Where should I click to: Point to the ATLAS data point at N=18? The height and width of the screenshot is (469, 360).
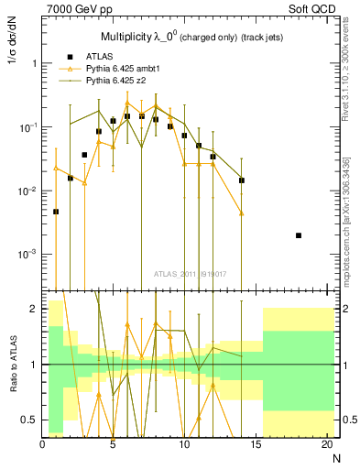pyautogui.click(x=299, y=235)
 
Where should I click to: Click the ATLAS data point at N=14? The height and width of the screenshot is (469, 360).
pyautogui.click(x=242, y=180)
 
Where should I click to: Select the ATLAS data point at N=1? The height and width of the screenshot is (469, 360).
pyautogui.click(x=56, y=212)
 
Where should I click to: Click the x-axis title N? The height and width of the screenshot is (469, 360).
pyautogui.click(x=335, y=458)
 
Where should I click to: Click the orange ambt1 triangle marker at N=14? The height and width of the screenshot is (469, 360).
pyautogui.click(x=242, y=213)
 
